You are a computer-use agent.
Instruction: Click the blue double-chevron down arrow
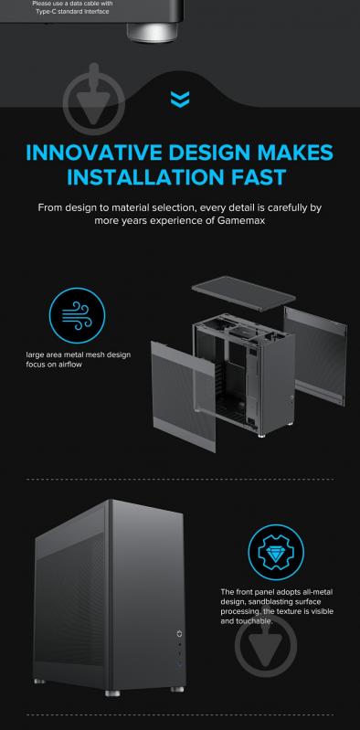(180, 100)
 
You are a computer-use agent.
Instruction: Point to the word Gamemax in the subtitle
(241, 220)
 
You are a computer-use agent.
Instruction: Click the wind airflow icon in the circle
(78, 315)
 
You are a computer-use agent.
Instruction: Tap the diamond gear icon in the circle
(276, 553)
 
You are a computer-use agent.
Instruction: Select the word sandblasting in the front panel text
(265, 601)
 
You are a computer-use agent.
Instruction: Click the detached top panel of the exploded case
(244, 293)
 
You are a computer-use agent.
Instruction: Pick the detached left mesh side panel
(183, 397)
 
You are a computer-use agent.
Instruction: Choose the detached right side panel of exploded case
(316, 355)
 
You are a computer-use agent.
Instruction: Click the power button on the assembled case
(180, 634)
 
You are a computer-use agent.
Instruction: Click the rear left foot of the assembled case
(40, 682)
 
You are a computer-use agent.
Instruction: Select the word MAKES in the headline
(296, 153)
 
